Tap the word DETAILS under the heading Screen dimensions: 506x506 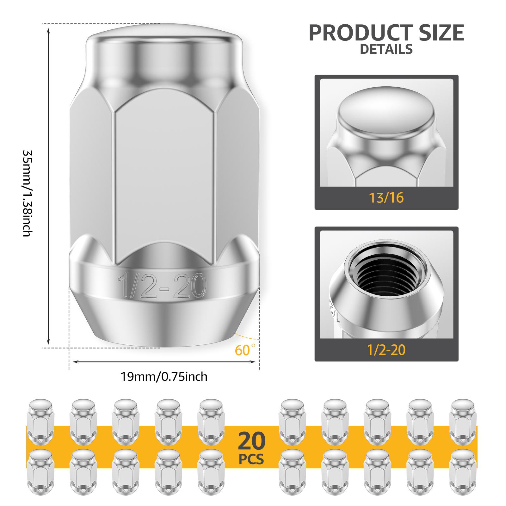386,49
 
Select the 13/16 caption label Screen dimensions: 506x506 386,198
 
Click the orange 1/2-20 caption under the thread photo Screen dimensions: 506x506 386,350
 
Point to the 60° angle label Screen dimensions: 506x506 245,350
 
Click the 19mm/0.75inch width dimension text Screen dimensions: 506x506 164,377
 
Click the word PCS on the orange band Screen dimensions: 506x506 251,459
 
